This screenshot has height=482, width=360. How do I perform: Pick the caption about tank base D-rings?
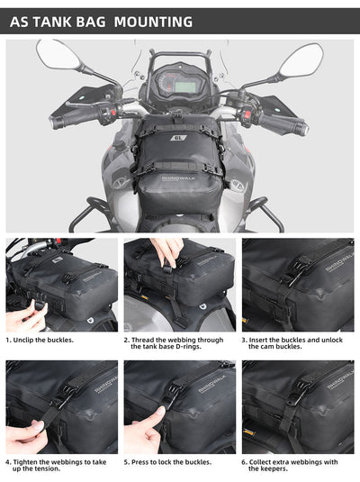tap(176, 345)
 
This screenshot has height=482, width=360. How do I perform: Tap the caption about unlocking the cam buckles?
tap(295, 345)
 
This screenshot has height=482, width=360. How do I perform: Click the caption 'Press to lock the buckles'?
tap(169, 462)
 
